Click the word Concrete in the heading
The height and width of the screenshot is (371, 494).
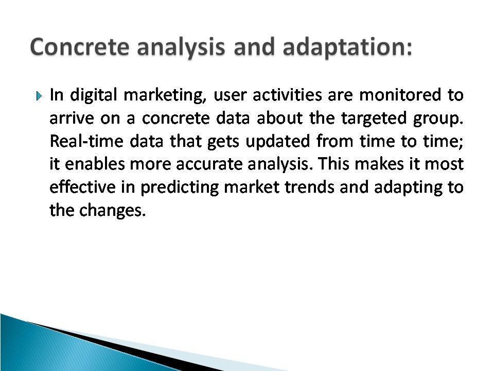tap(80, 47)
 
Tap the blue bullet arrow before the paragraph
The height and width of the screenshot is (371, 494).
tap(39, 96)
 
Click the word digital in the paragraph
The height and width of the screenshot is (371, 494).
tap(94, 95)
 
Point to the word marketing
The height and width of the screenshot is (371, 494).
tap(165, 95)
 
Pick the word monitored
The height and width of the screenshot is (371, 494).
tap(400, 95)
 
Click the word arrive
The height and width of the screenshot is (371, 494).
tap(72, 119)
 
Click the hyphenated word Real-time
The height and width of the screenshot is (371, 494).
tap(86, 141)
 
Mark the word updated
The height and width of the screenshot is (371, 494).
tap(278, 142)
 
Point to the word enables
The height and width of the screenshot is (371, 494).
tap(95, 164)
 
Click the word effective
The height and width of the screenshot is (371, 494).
tap(82, 187)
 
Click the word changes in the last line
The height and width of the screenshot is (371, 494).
tap(112, 210)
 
